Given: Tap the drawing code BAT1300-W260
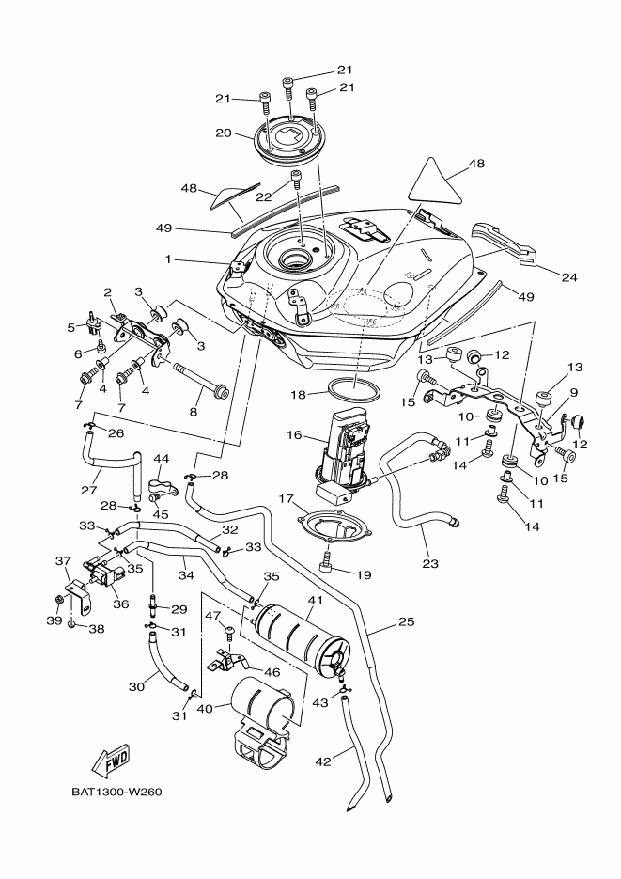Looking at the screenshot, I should [x=116, y=791].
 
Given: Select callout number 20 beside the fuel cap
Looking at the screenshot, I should [x=223, y=133].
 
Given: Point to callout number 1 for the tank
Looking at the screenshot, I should [x=168, y=259].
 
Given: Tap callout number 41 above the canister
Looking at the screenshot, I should [x=314, y=600].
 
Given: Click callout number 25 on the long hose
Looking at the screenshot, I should [x=405, y=621].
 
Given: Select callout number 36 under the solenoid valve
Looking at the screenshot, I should [x=119, y=604].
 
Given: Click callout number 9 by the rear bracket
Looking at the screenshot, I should [x=574, y=392].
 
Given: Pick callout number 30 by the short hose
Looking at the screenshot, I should [x=136, y=687].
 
